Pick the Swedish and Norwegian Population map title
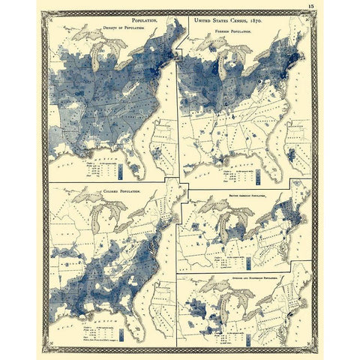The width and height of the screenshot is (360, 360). coord(256,276)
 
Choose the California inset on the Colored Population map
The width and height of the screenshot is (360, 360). coord(158,315)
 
